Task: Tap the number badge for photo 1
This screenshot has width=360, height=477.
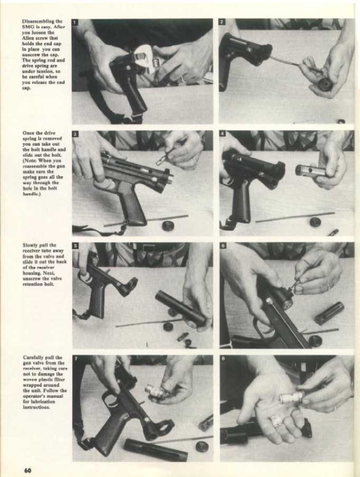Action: (x=76, y=23)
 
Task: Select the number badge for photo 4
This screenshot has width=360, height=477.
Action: (x=223, y=134)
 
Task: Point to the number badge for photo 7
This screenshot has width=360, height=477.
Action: (x=76, y=359)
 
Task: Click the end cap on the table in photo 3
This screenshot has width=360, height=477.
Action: (x=168, y=225)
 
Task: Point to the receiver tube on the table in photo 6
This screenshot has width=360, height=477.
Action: (x=329, y=313)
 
